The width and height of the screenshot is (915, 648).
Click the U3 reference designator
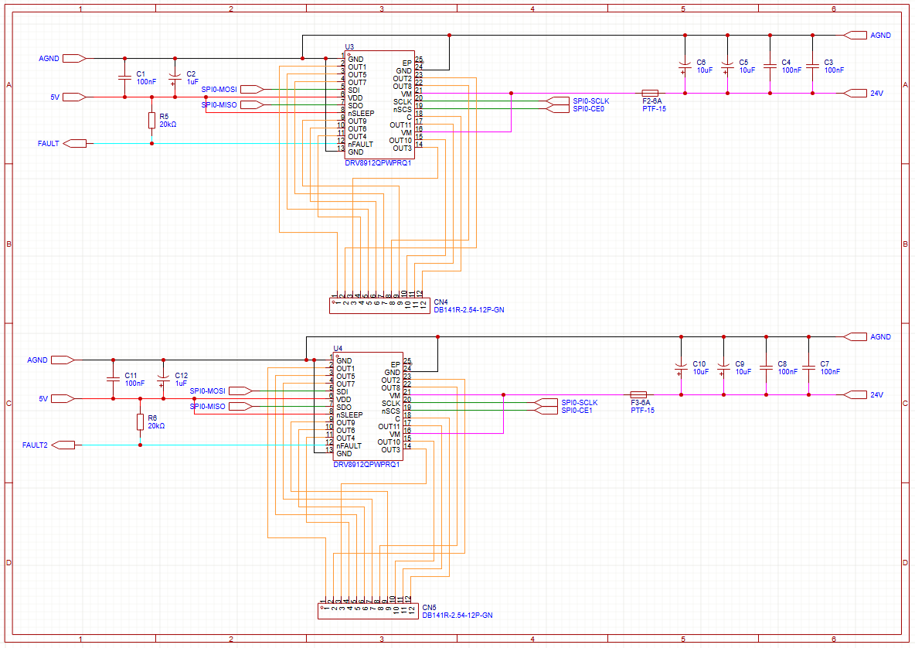point(349,47)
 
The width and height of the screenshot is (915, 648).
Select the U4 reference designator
point(338,349)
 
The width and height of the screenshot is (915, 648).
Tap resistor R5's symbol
point(151,120)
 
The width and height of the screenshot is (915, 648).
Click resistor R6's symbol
point(140,421)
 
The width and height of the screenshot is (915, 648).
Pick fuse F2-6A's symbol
point(650,93)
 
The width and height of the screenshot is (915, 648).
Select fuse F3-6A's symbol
point(638,394)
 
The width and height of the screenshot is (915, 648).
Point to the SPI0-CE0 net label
point(588,109)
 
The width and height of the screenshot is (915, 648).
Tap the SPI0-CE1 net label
point(577,411)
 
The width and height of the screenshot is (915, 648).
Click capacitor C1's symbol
point(124,77)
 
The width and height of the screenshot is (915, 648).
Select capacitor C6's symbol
point(684,67)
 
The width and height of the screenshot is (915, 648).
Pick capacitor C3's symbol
point(812,67)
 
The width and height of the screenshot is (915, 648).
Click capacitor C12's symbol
point(163,379)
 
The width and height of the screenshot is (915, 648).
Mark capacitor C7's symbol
point(808,368)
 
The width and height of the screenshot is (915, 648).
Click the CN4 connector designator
point(440,302)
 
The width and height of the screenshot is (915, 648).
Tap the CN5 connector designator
point(429,607)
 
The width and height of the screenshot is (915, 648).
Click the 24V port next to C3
point(856,93)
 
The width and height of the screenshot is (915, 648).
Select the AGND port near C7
point(856,336)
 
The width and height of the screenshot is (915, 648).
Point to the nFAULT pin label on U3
point(360,145)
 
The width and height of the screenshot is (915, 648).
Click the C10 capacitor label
point(699,363)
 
